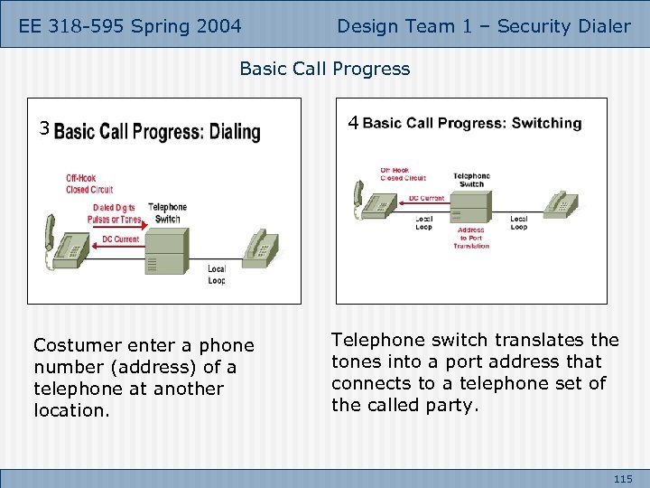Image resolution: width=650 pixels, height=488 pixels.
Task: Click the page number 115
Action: tap(622, 478)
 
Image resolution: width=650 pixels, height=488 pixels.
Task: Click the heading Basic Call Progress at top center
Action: tap(324, 69)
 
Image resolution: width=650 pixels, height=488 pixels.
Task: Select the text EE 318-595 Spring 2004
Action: tap(130, 26)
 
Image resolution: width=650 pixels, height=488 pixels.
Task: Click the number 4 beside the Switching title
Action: tap(354, 122)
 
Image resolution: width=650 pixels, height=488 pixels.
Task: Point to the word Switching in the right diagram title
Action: tap(546, 123)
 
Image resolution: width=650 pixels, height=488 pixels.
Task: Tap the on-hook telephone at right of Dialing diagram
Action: tap(259, 245)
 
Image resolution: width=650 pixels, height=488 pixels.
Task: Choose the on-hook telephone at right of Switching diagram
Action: tap(560, 204)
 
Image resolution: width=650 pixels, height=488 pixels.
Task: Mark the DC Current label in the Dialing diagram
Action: tap(119, 239)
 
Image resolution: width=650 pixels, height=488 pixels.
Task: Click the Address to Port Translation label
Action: tap(470, 238)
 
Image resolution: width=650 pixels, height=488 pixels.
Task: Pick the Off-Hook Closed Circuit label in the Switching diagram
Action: tap(396, 174)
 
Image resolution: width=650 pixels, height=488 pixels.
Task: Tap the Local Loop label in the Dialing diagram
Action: tap(216, 275)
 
